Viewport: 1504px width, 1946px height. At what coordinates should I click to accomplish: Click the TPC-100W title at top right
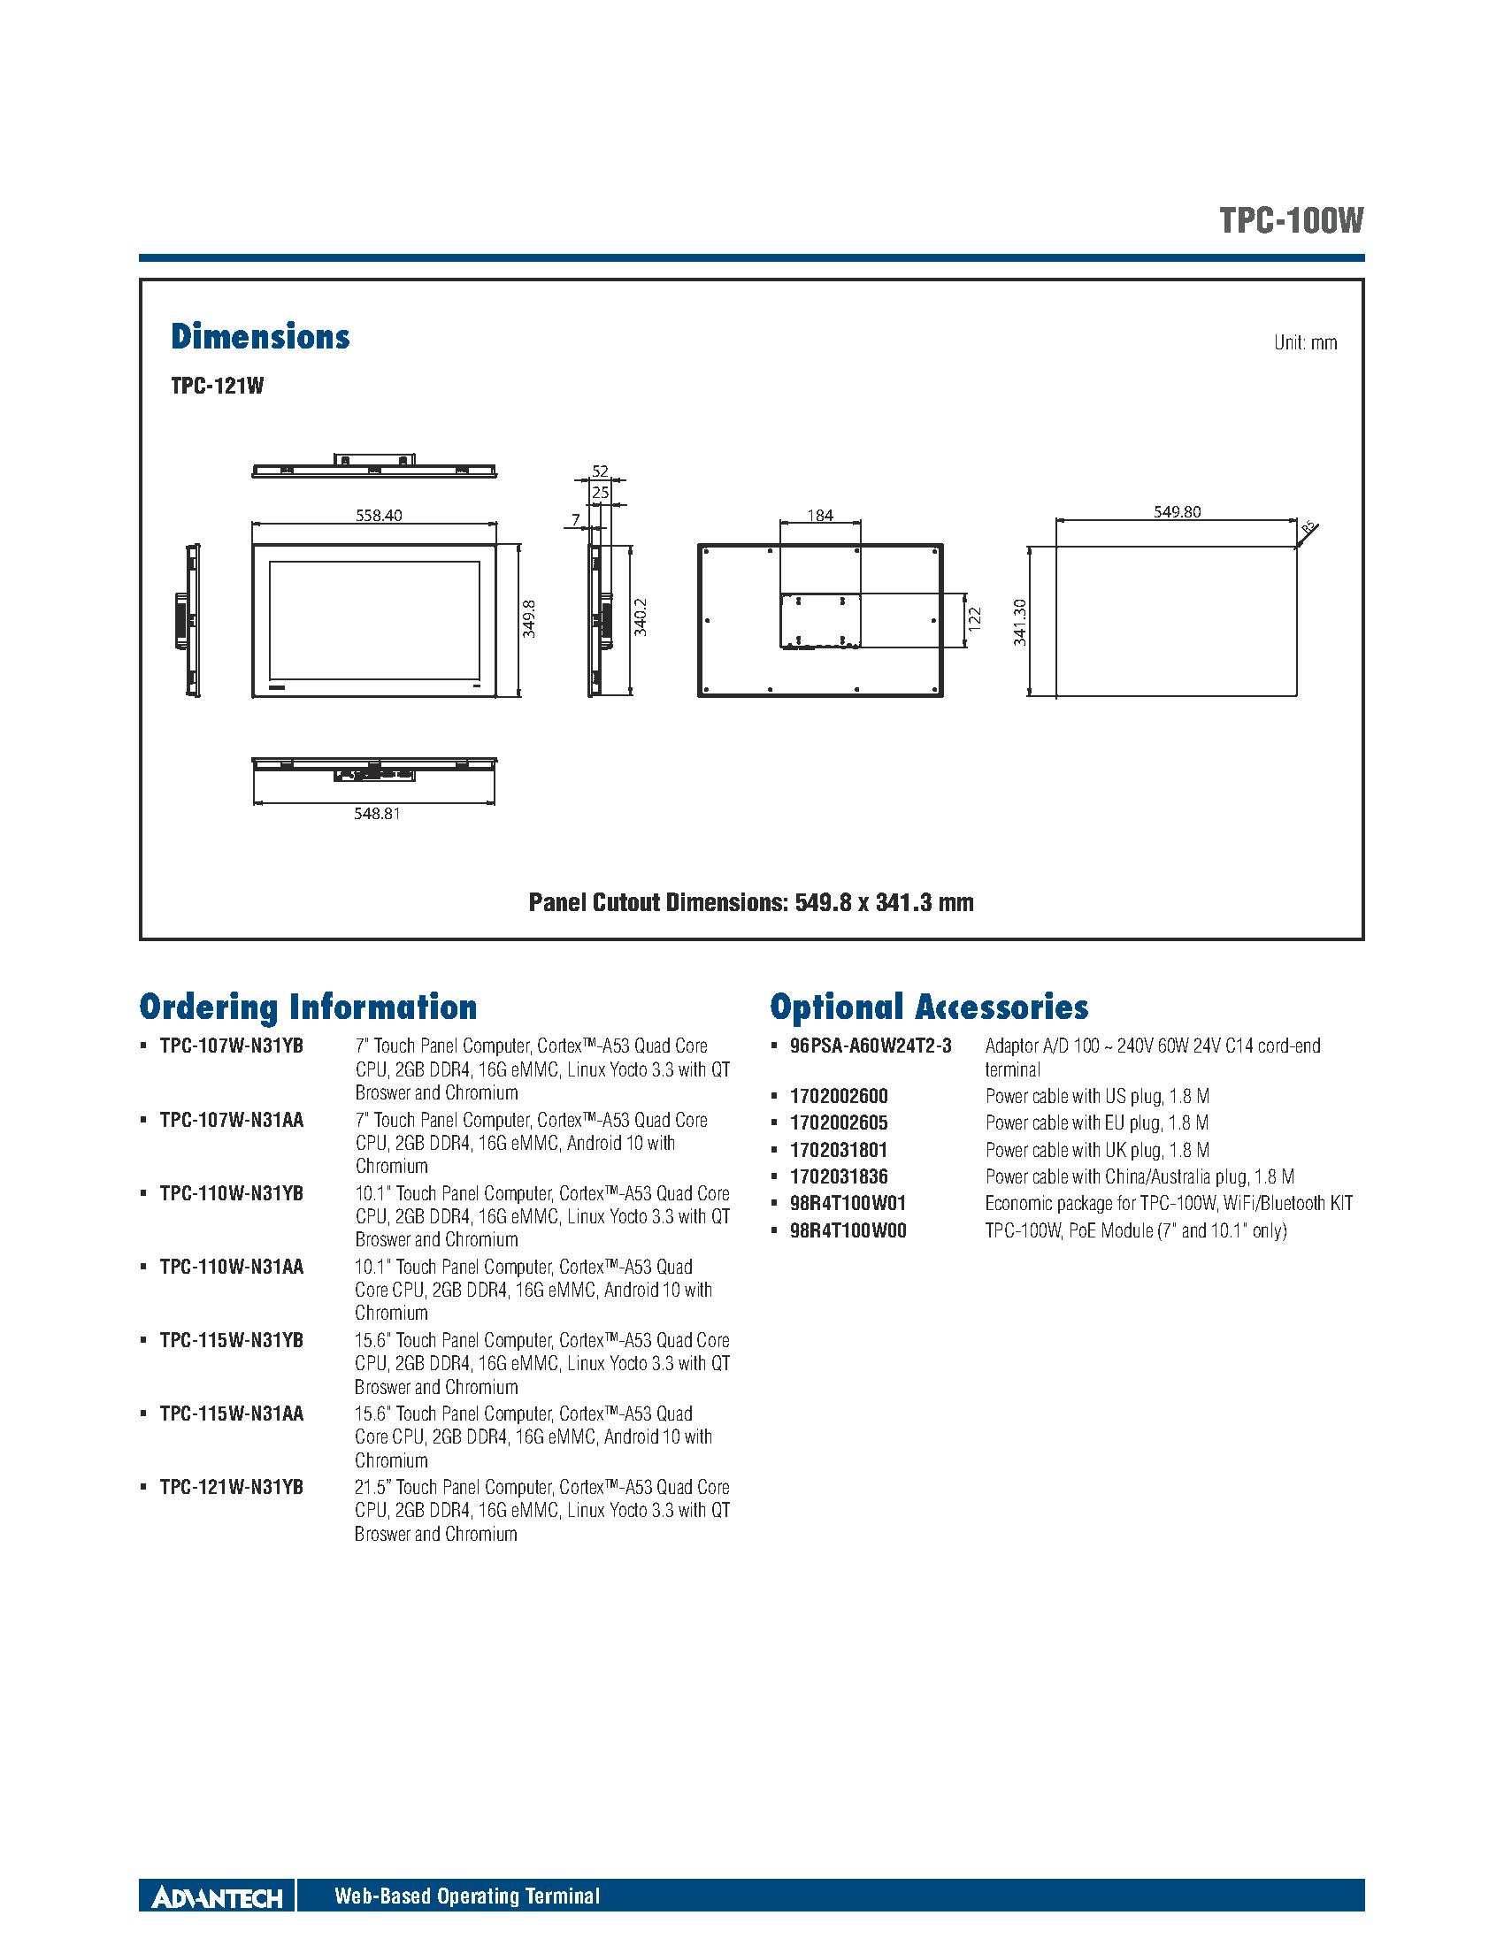[x=1291, y=221]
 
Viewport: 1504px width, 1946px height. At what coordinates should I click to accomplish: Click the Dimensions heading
[x=260, y=337]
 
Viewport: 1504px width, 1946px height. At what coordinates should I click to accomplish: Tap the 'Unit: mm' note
[x=1305, y=343]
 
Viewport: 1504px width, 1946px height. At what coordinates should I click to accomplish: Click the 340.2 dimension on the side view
[x=640, y=617]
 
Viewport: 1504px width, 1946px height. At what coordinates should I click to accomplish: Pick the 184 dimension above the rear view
[x=820, y=514]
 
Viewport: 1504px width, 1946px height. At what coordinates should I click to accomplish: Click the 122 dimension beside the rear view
[x=974, y=619]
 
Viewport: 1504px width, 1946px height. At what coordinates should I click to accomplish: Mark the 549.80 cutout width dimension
[x=1177, y=511]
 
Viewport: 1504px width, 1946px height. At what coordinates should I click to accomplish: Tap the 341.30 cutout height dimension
[x=1020, y=621]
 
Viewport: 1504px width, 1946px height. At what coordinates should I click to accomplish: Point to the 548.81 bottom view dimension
[x=376, y=813]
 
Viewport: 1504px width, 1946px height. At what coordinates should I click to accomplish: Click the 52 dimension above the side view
[x=600, y=471]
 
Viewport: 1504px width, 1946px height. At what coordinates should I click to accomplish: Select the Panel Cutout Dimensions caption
[x=751, y=902]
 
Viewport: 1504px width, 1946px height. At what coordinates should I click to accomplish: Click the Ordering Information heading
[x=308, y=1007]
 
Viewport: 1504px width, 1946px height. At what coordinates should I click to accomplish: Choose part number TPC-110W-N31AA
[x=232, y=1266]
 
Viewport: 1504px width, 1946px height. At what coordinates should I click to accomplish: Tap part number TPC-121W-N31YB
[x=232, y=1487]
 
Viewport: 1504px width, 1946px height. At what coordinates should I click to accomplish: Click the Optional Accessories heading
[x=929, y=1007]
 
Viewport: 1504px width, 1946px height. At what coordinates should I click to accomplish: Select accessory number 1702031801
[x=839, y=1149]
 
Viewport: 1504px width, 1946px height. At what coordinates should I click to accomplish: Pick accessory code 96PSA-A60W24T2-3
[x=871, y=1046]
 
